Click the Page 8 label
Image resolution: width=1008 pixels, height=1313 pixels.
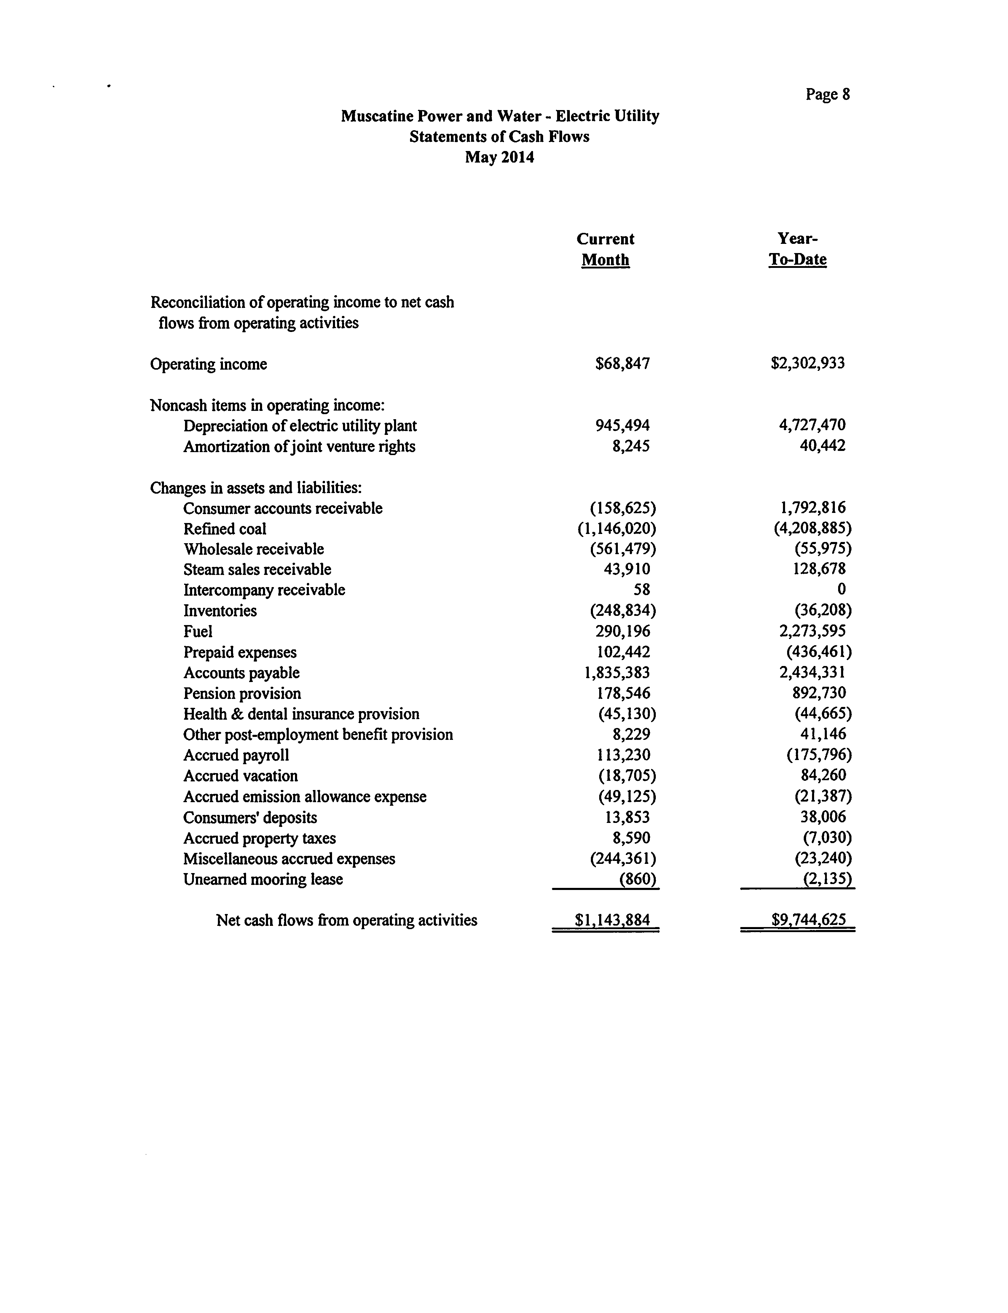coord(827,94)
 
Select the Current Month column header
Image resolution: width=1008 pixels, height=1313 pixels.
coord(605,249)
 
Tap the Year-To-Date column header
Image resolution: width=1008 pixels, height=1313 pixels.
coord(798,249)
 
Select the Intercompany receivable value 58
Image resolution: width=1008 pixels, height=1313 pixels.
coord(641,589)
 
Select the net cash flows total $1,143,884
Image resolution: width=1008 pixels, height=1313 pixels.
coord(612,920)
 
